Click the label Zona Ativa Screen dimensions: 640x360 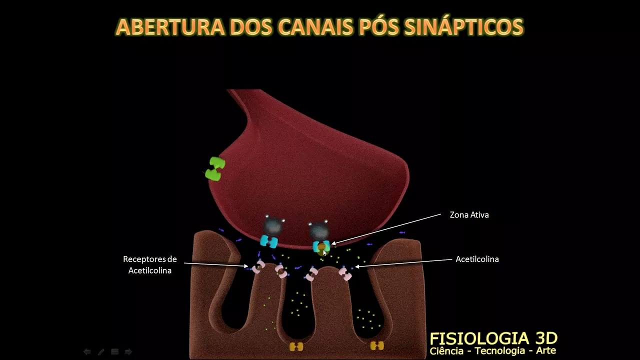[469, 215]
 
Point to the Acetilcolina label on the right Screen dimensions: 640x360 [477, 259]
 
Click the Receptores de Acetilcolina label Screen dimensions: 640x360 [150, 265]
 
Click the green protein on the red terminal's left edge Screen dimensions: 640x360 [215, 169]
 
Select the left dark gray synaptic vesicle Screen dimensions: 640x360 [272, 226]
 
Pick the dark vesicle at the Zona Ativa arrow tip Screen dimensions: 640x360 [318, 230]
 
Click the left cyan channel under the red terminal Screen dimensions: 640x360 [269, 242]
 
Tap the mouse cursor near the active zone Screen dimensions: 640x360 [324, 253]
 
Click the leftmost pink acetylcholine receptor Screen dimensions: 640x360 [258, 267]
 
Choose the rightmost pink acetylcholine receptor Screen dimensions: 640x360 [345, 273]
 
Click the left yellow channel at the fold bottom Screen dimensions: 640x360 [296, 346]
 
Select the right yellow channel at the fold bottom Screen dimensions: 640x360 [376, 345]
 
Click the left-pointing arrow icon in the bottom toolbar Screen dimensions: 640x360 [87, 352]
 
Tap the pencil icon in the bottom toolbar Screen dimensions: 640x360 [101, 352]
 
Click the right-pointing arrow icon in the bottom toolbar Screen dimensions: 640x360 [128, 352]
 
